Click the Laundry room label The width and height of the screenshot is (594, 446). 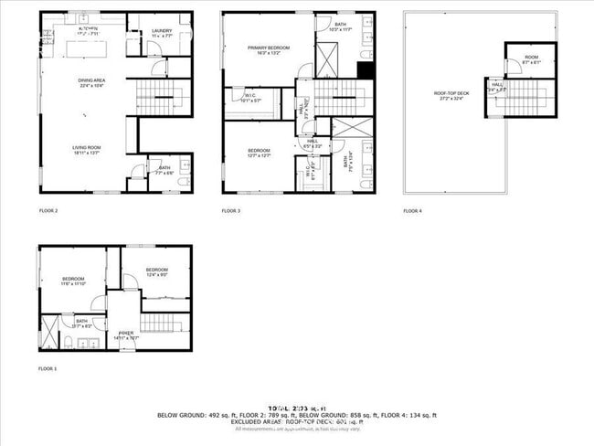[x=161, y=33]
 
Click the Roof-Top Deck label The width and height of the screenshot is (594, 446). [x=451, y=94]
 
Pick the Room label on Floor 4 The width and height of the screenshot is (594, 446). [x=531, y=59]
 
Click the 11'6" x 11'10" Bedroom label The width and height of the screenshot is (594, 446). [x=73, y=281]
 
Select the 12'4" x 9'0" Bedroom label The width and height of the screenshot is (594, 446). [x=157, y=272]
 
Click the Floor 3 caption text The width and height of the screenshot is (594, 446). [x=230, y=211]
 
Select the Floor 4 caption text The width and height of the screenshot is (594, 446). [x=413, y=211]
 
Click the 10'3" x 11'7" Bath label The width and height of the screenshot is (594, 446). [x=340, y=27]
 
